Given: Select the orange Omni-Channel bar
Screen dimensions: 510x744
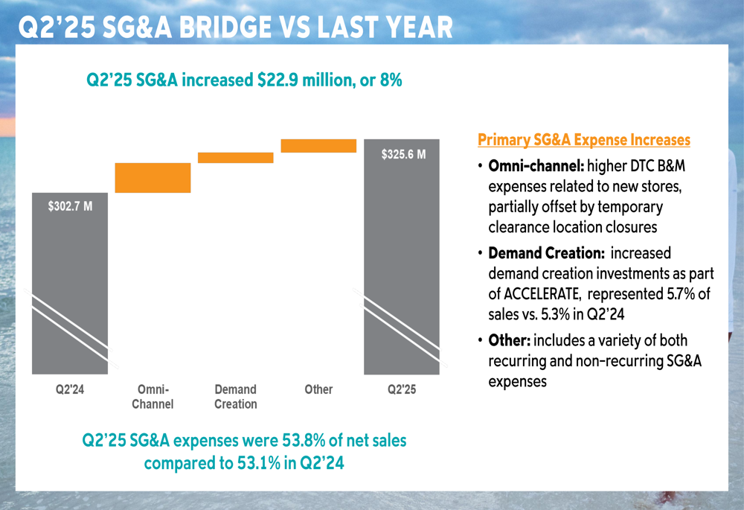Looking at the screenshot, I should (x=153, y=178).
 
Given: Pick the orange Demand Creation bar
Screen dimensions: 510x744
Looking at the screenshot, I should (x=235, y=157).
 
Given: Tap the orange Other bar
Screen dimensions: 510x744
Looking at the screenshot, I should (x=318, y=145).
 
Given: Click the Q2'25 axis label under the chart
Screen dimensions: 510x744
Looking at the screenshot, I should (x=402, y=389).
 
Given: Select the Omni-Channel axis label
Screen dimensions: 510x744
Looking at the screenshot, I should (x=153, y=397).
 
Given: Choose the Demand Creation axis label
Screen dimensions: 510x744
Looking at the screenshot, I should (x=235, y=397).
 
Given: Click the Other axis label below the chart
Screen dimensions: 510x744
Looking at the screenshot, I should (x=318, y=389).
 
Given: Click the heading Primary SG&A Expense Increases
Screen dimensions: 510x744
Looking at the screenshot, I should (x=583, y=140).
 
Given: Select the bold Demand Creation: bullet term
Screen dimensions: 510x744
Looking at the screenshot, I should (x=545, y=254).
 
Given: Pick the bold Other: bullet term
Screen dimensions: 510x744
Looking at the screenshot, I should (x=508, y=341).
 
